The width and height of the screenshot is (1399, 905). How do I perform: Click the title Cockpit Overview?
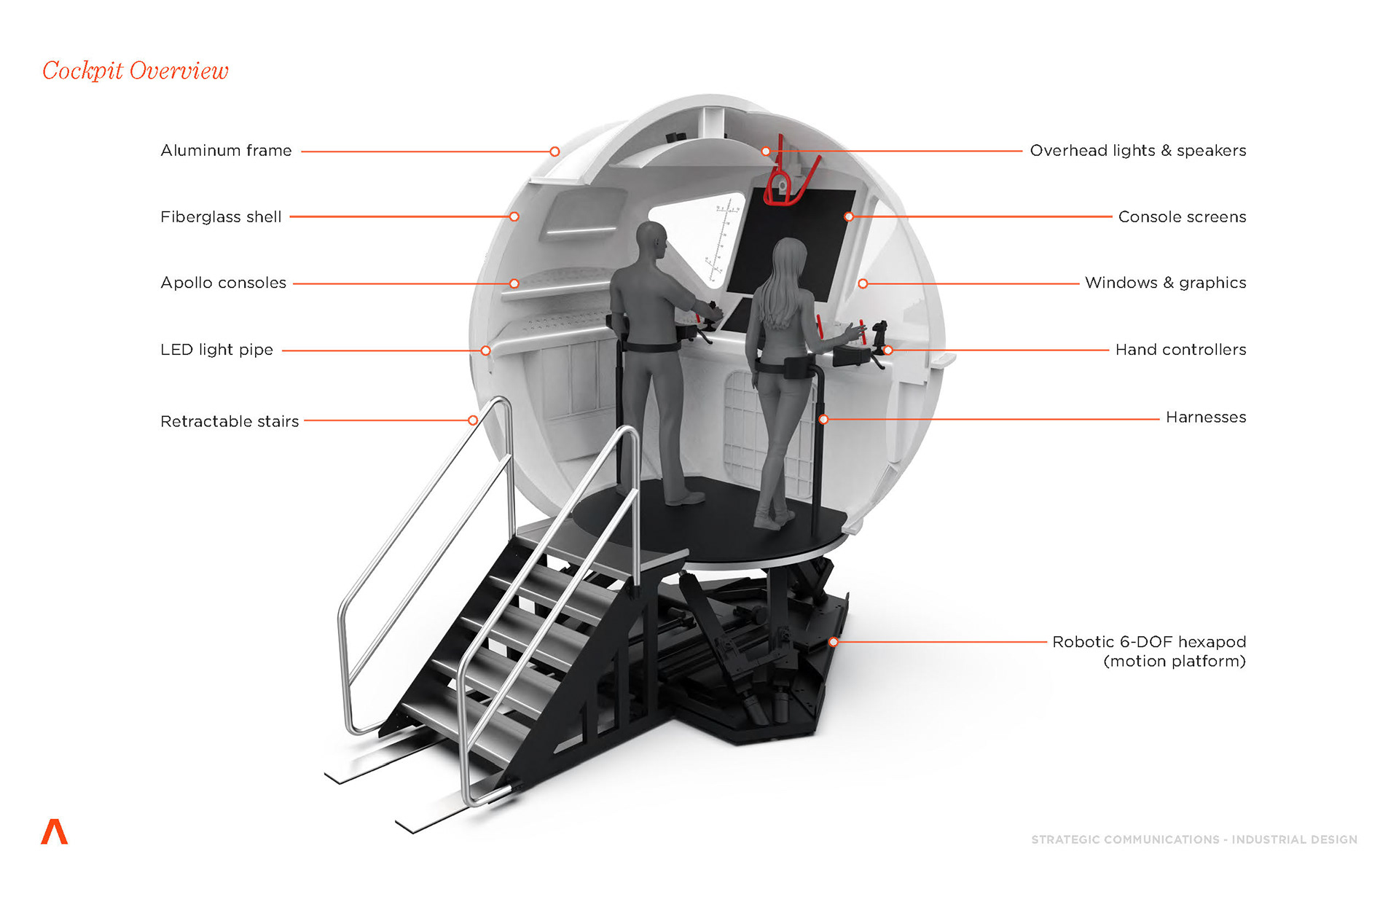(x=136, y=71)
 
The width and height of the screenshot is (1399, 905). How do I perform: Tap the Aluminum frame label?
(x=226, y=151)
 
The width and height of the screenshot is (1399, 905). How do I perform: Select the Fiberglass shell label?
(x=221, y=217)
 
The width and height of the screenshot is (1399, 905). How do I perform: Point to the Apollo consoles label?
(x=223, y=283)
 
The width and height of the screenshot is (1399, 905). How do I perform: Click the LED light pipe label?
(x=216, y=350)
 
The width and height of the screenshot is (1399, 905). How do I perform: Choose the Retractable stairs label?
(x=230, y=421)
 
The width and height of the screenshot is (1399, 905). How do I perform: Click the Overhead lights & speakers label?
(x=1137, y=151)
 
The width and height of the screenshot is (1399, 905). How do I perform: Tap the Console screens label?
(x=1182, y=217)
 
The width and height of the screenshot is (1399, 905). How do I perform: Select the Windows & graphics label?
(x=1165, y=283)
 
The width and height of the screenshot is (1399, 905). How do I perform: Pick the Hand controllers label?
(x=1180, y=350)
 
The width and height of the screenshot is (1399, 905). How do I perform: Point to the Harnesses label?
(x=1205, y=417)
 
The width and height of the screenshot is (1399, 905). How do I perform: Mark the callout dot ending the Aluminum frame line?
(x=554, y=152)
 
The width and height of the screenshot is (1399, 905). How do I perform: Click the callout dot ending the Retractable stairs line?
(x=473, y=420)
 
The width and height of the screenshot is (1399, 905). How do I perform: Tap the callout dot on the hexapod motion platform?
(x=834, y=642)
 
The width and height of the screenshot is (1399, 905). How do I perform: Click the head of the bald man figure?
(x=651, y=238)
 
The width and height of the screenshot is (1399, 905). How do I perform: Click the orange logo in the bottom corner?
(x=55, y=831)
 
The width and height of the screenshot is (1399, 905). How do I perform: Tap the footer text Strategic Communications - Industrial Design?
(x=1194, y=839)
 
